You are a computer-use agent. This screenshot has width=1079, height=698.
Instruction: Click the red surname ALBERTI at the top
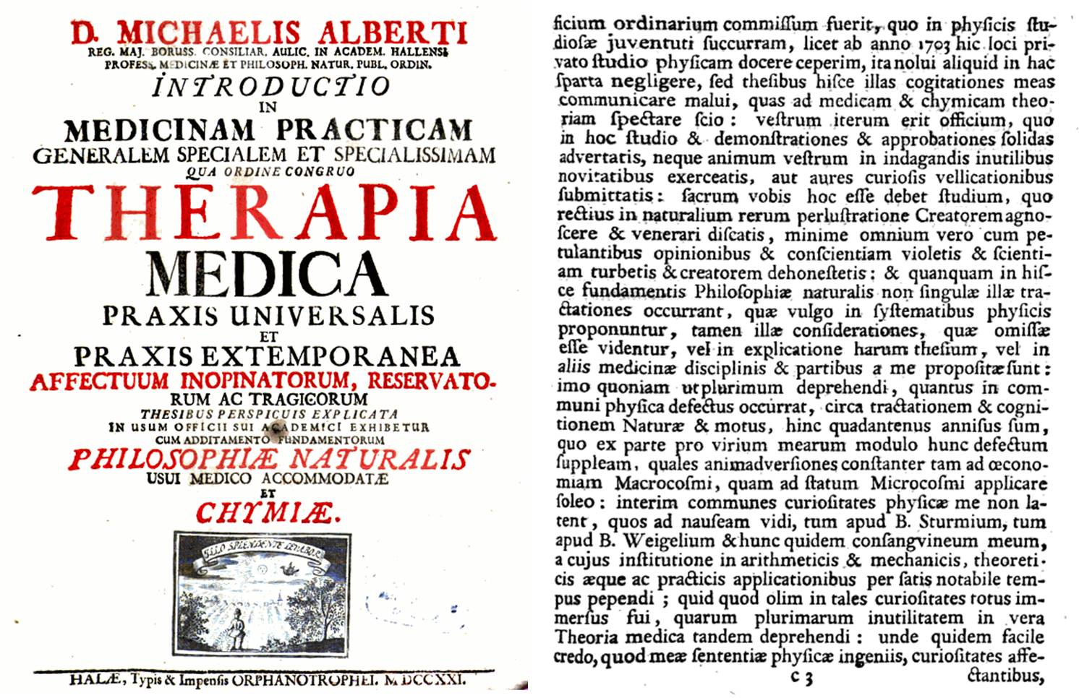point(393,33)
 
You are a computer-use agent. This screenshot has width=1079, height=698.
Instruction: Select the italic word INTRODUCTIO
point(271,86)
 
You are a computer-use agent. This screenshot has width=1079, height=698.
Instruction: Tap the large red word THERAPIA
point(264,212)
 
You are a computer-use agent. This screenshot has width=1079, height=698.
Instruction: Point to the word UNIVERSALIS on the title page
point(333,316)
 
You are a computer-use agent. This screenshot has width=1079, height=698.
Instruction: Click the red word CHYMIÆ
point(268,513)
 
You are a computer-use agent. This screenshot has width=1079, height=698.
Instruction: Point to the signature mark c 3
point(801,678)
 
